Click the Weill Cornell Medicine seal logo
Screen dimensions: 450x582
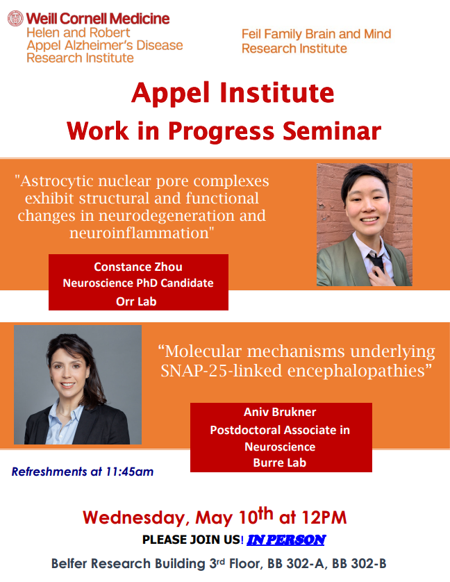(15, 18)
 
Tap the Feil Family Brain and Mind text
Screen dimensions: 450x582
(317, 34)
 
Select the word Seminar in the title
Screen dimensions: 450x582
(332, 131)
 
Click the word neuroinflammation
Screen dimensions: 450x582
(142, 233)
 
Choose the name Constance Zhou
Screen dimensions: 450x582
(138, 267)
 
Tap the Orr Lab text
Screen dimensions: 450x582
(136, 301)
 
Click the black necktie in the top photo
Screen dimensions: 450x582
(376, 262)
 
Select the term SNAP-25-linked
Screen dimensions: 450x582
(222, 370)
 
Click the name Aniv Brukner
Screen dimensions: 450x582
(280, 412)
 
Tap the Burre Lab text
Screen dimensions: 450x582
(280, 463)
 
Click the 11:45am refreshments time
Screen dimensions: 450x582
(130, 472)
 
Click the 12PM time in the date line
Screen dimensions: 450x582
(324, 517)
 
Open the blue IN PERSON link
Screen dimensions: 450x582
(286, 540)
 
